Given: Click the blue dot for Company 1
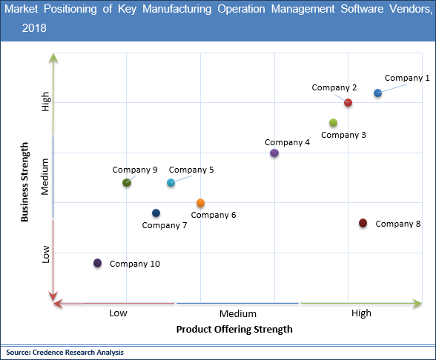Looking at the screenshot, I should (x=377, y=93).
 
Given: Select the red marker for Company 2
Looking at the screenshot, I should (x=348, y=102).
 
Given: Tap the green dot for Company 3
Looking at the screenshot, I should (x=333, y=123).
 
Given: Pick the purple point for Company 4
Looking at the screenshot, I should (x=274, y=153).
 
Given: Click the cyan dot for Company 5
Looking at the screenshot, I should (x=171, y=182).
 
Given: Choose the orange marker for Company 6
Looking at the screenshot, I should (x=200, y=203).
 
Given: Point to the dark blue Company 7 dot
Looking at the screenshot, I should (x=156, y=213).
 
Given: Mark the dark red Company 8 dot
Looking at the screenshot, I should (x=363, y=223).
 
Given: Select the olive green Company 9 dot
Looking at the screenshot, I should (x=127, y=182).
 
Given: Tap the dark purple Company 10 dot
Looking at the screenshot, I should (x=97, y=263).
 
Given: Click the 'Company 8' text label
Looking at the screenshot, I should (x=398, y=224).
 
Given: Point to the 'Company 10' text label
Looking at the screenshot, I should (x=135, y=264).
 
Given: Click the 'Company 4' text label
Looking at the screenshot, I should (x=287, y=142).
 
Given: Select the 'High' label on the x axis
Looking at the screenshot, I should (x=361, y=313).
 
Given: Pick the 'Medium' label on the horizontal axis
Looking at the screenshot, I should (x=237, y=313).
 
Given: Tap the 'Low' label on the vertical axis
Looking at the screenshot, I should (x=46, y=254).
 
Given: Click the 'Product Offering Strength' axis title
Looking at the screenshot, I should (x=234, y=329).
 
